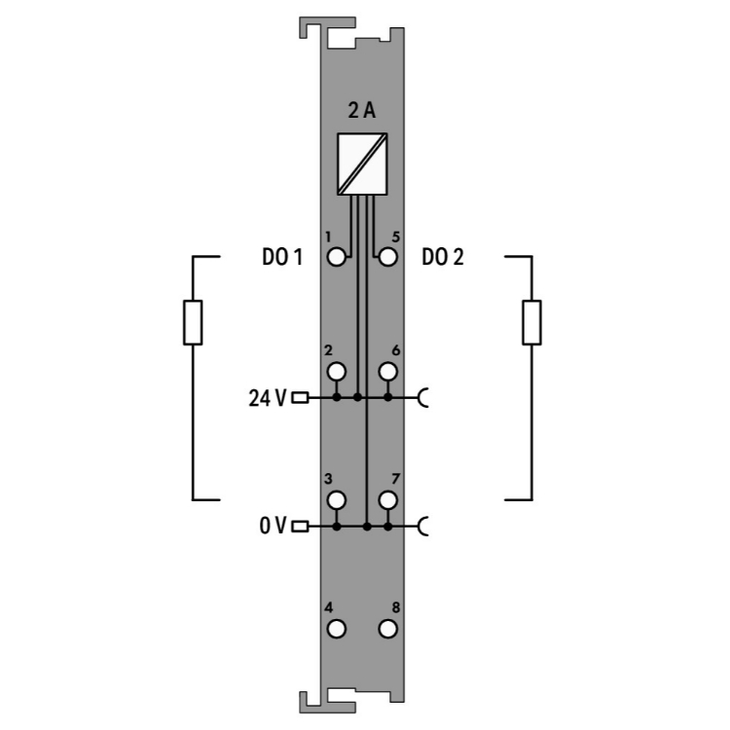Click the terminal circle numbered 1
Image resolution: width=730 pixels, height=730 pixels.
337,257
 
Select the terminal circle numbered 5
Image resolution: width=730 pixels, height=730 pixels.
387,257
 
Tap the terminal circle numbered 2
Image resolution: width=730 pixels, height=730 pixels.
337,372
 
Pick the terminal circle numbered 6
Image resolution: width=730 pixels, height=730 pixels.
387,372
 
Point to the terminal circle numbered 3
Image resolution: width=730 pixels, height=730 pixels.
337,500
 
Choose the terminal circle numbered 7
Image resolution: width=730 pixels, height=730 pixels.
387,500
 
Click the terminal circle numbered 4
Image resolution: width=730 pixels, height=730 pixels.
337,629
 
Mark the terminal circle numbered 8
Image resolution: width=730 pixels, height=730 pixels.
387,629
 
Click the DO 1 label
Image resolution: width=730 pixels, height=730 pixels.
282,257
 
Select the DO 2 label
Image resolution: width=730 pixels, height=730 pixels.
443,257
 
